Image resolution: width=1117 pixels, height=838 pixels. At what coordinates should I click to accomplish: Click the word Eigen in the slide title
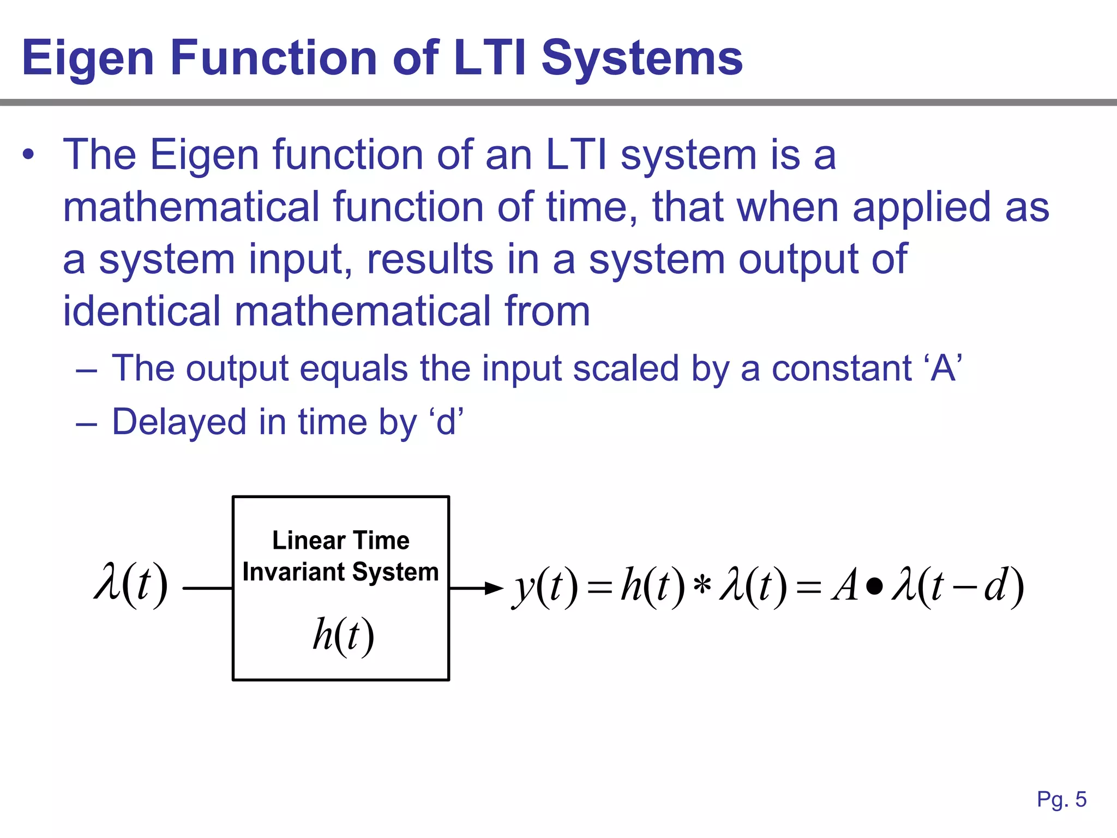(x=87, y=58)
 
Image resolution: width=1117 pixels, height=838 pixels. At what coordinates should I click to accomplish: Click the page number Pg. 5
(x=1061, y=799)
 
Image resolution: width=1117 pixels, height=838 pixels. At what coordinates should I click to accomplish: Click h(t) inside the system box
(x=343, y=636)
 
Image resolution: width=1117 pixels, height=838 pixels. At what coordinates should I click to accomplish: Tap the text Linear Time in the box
(x=341, y=541)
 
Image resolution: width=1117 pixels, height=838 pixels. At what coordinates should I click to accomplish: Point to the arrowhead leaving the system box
(x=494, y=588)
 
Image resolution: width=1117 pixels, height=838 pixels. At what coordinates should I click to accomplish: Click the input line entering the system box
(x=207, y=588)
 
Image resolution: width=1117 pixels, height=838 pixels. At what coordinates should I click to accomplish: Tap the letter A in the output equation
(x=845, y=586)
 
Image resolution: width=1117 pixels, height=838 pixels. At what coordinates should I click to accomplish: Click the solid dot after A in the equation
(x=874, y=587)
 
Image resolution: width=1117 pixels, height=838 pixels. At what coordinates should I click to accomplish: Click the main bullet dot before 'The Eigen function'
(x=28, y=155)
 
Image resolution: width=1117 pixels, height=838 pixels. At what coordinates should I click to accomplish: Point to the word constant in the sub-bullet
(x=841, y=368)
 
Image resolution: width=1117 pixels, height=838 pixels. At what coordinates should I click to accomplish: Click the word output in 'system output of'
(x=798, y=259)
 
